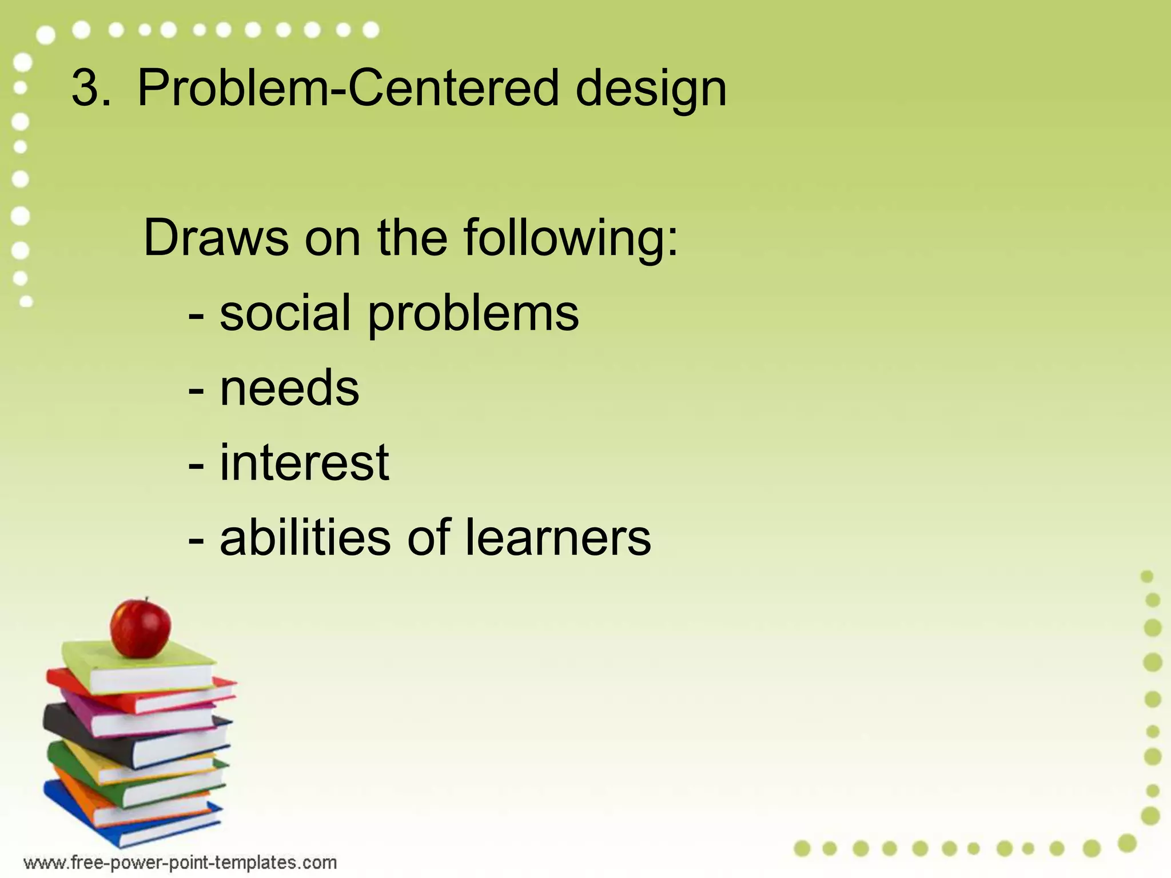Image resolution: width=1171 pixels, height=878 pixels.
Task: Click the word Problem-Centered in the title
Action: [x=347, y=89]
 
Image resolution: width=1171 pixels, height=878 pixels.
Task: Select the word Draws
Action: [x=216, y=237]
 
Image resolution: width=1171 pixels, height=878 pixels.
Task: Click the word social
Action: [x=285, y=313]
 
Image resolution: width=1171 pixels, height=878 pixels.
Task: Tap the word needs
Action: [x=289, y=388]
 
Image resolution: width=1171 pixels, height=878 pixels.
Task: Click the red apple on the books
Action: [x=140, y=628]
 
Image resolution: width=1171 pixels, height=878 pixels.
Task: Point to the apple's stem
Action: [x=146, y=600]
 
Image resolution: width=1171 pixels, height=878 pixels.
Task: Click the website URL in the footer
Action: [x=180, y=862]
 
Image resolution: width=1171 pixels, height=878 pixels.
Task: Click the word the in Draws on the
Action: [x=412, y=237]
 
